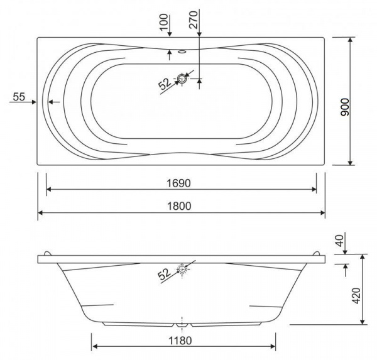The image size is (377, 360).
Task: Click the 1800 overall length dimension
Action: coord(179,206)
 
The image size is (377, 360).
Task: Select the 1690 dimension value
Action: coord(178,183)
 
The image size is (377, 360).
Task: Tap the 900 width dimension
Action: coord(345,107)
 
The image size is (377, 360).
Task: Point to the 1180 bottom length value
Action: coord(180,341)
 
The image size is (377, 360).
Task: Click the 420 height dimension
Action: coord(356,295)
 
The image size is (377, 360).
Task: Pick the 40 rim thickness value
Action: coord(340,241)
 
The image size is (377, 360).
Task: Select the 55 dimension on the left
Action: coord(19,97)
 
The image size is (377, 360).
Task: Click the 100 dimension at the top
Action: coord(164,22)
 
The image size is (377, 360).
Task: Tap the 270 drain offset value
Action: coord(194,20)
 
